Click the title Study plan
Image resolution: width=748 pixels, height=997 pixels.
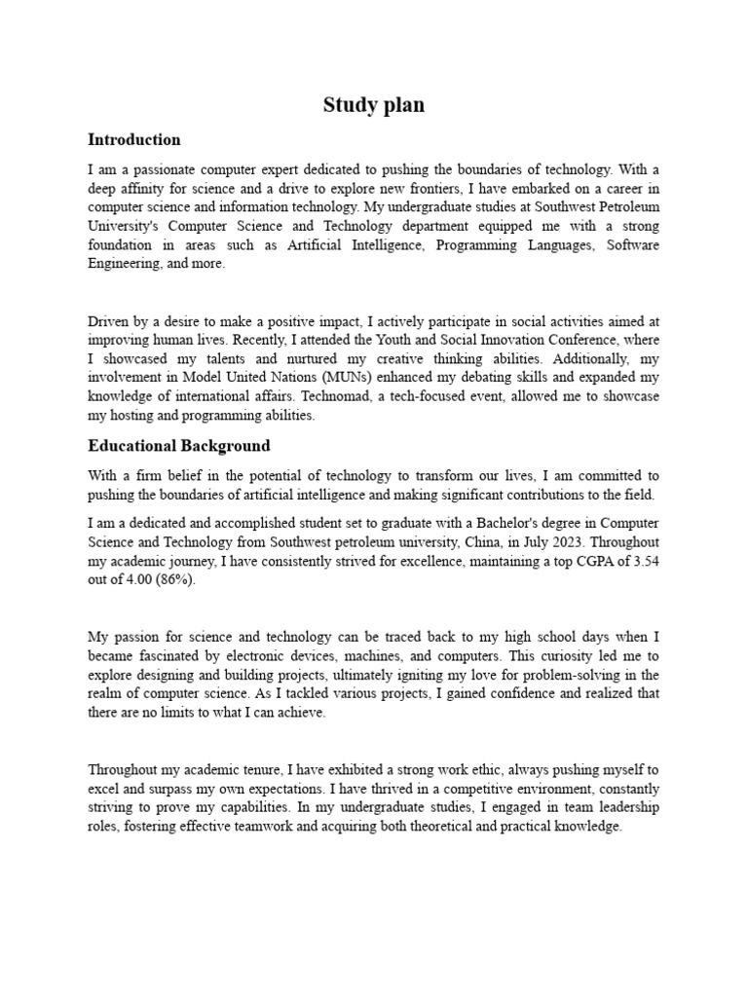click(x=374, y=105)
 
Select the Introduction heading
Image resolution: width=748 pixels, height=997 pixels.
click(x=134, y=139)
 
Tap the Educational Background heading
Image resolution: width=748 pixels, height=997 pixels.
click(x=179, y=446)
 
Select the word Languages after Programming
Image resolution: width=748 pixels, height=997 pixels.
click(x=558, y=245)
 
